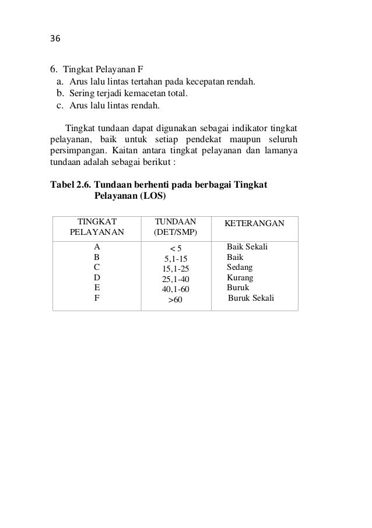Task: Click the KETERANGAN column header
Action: click(x=254, y=224)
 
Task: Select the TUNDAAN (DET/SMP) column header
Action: click(x=175, y=227)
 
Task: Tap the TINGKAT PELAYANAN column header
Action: click(x=97, y=227)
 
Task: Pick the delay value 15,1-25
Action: click(x=176, y=268)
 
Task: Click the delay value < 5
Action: click(x=176, y=248)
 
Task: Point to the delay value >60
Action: click(x=175, y=300)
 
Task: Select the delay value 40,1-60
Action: click(x=176, y=288)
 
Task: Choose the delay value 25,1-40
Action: click(x=176, y=279)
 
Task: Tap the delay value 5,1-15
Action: click(x=176, y=258)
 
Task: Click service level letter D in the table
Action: click(x=97, y=277)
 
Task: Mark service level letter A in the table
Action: click(x=97, y=247)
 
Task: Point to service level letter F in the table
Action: click(x=97, y=298)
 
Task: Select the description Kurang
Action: click(x=240, y=277)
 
